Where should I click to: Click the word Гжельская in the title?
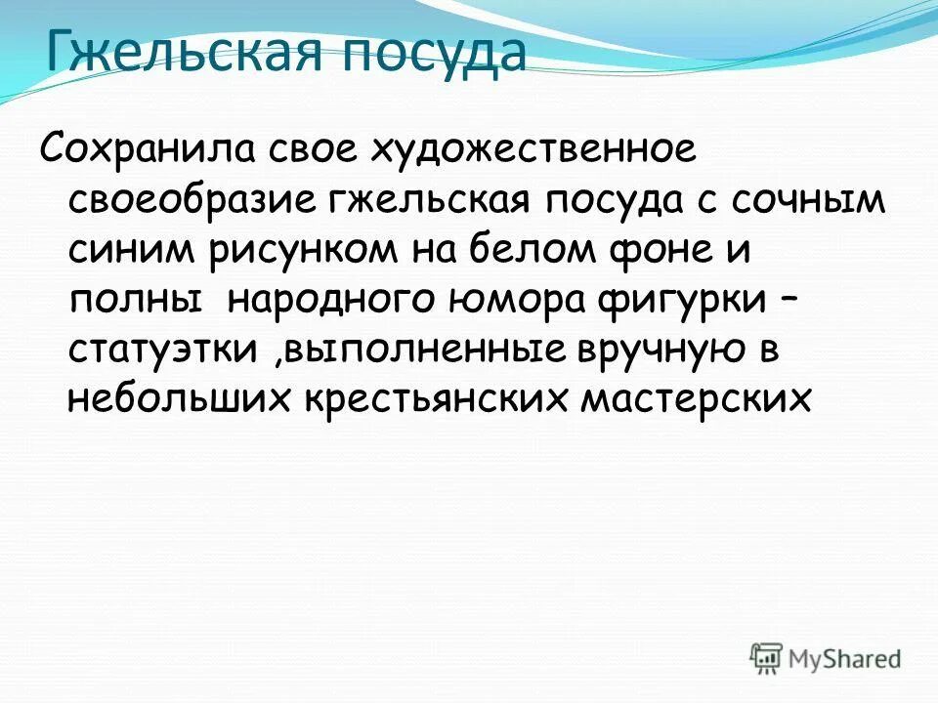pos(180,55)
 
